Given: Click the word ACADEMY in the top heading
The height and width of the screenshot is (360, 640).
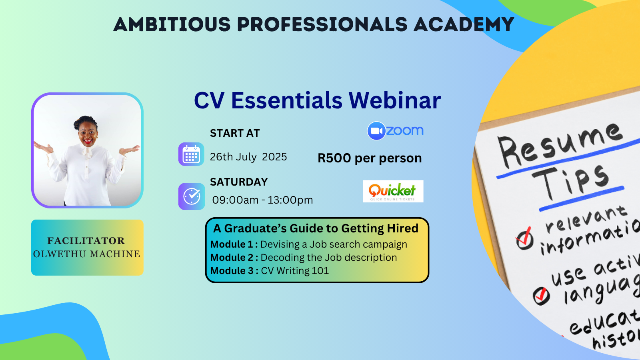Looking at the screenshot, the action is point(464,24).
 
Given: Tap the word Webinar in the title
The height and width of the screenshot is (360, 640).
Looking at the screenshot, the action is point(394,100).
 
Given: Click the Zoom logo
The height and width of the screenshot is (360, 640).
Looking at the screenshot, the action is point(395,131).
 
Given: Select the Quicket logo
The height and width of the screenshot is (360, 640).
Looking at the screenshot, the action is point(393,191).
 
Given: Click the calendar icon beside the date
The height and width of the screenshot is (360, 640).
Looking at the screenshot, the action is point(191,154).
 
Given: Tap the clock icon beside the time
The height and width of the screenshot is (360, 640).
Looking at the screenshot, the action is point(192,196).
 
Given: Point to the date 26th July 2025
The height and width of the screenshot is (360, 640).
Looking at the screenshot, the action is point(248,157).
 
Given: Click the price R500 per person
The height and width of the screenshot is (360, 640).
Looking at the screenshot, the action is point(369,158).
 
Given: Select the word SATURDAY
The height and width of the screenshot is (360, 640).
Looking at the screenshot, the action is point(239,182).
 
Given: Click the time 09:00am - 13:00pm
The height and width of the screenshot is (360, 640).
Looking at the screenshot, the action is point(262,200).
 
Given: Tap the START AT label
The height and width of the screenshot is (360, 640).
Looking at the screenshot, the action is point(235,133).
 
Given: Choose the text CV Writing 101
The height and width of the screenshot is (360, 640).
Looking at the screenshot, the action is point(295,271).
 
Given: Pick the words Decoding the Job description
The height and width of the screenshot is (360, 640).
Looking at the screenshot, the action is point(328,258).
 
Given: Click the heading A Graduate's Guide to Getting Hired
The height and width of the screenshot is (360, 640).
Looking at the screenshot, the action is point(316,228).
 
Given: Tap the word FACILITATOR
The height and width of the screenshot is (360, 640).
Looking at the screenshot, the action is point(86,241).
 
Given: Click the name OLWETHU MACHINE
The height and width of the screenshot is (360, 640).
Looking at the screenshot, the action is point(87,254).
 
